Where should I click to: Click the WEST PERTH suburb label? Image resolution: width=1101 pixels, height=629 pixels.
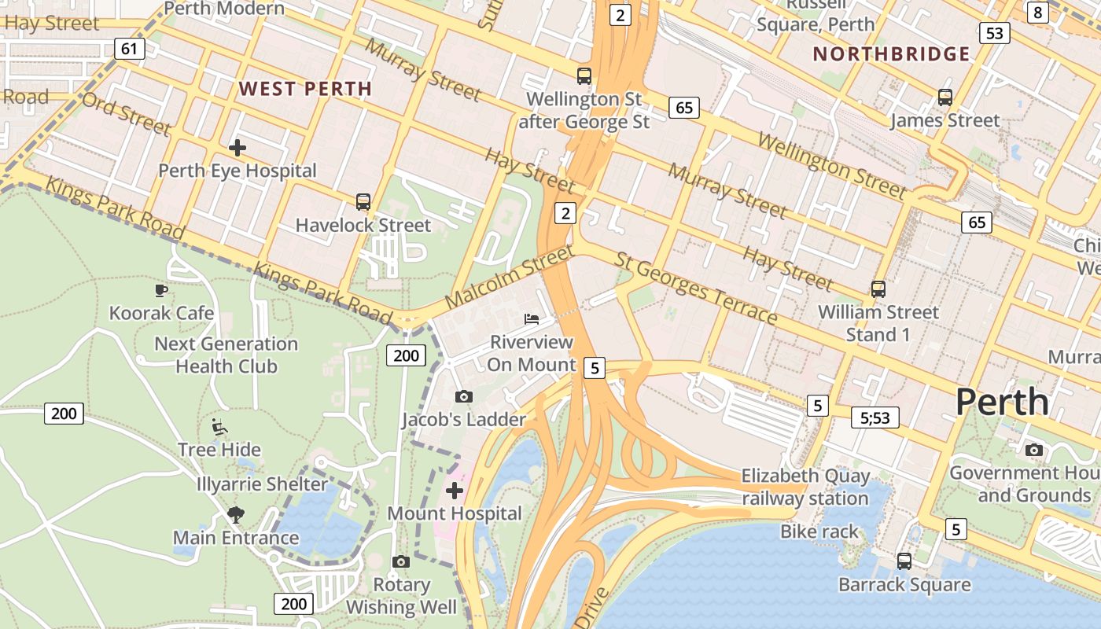click(x=305, y=88)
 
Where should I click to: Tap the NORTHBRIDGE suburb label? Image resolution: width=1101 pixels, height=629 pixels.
click(x=891, y=54)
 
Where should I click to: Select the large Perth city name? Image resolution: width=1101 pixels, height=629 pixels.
click(x=1002, y=401)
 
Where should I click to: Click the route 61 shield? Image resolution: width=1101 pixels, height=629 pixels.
click(x=129, y=49)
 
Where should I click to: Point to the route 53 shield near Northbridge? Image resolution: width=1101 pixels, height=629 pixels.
click(x=995, y=33)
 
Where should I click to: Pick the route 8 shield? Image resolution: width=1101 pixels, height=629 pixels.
click(x=1038, y=12)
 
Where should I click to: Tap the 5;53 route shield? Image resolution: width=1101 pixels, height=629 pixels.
click(x=875, y=417)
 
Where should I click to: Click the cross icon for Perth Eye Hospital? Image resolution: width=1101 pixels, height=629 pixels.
click(x=237, y=147)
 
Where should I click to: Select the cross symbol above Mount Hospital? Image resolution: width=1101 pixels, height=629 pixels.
click(x=455, y=491)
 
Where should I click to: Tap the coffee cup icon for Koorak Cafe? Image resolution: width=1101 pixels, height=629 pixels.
click(x=161, y=290)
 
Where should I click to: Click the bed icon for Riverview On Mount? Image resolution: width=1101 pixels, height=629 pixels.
click(x=532, y=318)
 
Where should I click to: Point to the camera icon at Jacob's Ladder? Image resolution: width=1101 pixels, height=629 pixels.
click(x=464, y=396)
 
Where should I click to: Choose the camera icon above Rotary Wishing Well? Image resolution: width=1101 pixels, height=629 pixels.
click(x=400, y=561)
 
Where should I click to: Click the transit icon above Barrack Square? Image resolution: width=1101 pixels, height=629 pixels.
click(x=904, y=561)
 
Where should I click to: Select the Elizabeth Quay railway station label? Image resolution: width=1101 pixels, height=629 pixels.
click(x=805, y=487)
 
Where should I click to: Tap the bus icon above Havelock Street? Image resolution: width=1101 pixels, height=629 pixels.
click(x=363, y=202)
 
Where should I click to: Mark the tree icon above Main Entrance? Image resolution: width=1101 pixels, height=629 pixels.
click(x=234, y=515)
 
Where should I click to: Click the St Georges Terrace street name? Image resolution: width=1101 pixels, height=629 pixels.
click(x=696, y=289)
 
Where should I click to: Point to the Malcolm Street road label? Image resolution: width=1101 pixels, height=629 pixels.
click(x=509, y=278)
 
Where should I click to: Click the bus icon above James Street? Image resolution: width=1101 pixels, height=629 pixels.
click(x=945, y=97)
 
